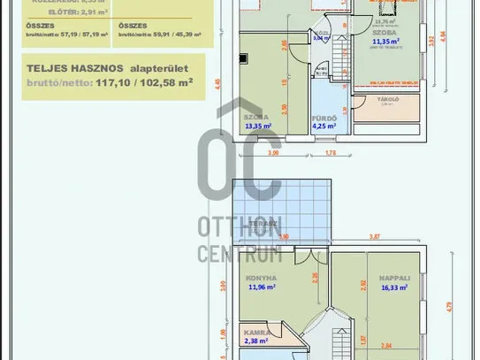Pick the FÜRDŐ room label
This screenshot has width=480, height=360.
point(321,117)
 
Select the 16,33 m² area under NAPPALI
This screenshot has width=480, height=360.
point(393,287)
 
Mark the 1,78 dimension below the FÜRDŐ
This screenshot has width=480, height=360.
point(331,153)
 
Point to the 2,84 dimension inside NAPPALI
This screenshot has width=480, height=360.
point(387,346)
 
